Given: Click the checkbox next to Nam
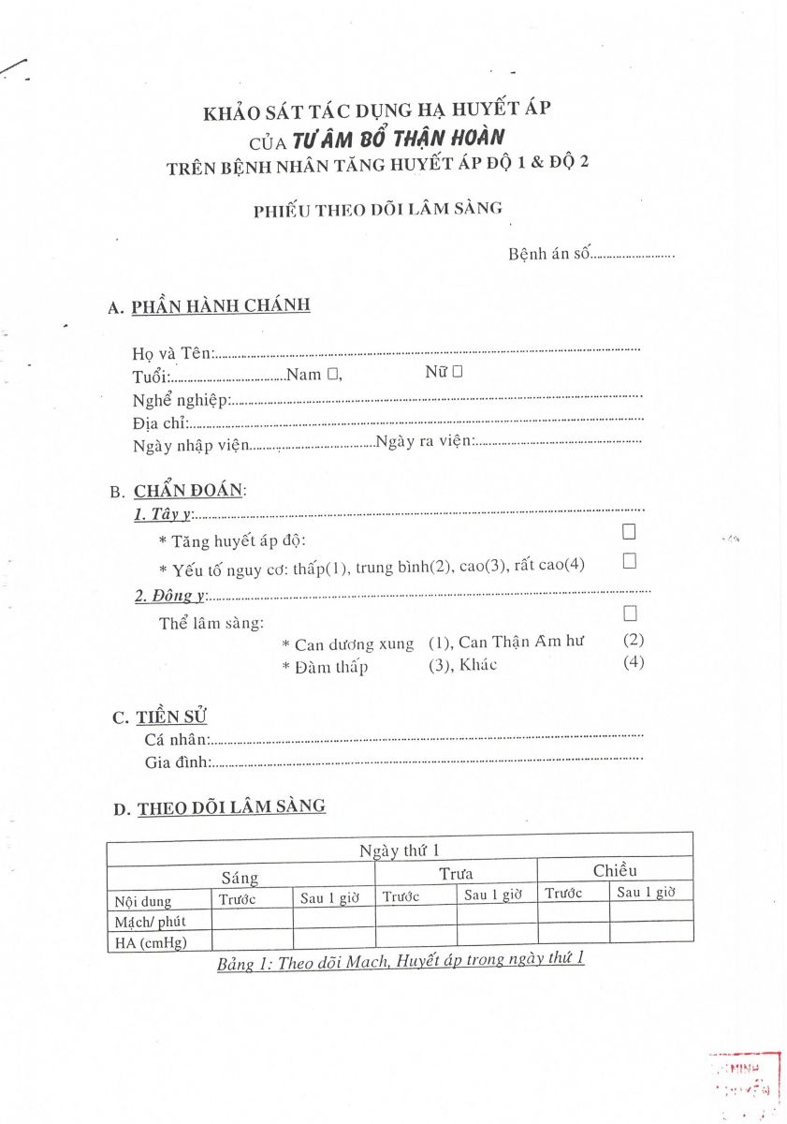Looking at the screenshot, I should coord(332,374).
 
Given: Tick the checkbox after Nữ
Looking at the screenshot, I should coord(458,372).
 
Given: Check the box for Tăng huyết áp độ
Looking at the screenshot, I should coord(629,532).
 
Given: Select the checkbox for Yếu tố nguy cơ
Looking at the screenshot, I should coord(629,561).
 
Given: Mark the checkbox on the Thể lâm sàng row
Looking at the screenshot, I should coord(630,614).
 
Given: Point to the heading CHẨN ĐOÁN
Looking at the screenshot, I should coord(188,491).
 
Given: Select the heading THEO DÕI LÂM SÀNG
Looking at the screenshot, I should coord(231,806).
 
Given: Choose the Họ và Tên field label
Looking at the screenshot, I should coord(173,353).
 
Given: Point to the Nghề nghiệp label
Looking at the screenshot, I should coord(181,400).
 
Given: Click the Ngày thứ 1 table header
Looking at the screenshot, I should coord(400,850).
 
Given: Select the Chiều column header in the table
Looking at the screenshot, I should coord(615,870).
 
